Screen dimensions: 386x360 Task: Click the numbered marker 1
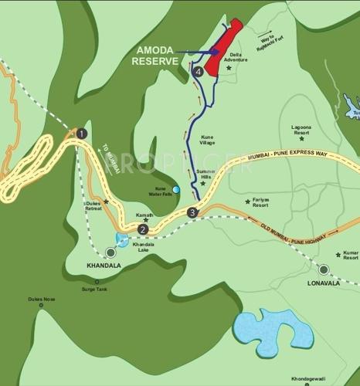(x=81, y=134)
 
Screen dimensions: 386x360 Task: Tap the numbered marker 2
(x=143, y=229)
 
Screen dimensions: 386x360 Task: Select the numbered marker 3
(x=192, y=212)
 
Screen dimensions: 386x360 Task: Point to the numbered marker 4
(x=199, y=72)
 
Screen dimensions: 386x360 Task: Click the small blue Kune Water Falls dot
(x=176, y=189)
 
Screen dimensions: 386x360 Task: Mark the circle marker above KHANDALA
(x=111, y=252)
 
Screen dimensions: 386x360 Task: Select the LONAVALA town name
(x=323, y=283)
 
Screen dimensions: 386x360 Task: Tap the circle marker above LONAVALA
(x=324, y=269)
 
